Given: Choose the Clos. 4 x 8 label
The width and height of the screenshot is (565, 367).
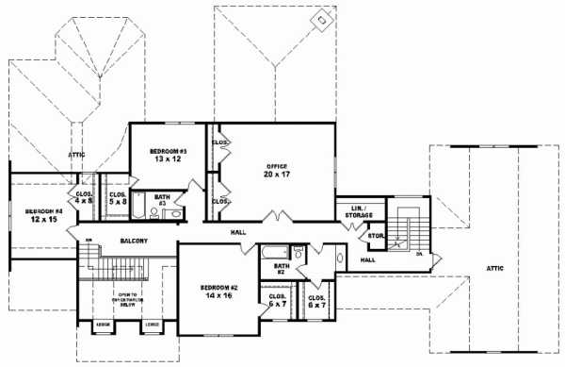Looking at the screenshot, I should point(83,197).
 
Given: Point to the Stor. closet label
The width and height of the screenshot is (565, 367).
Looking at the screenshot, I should point(374,235).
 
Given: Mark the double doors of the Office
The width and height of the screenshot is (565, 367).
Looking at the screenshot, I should point(273,220).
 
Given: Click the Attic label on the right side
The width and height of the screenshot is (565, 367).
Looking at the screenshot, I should point(493,268).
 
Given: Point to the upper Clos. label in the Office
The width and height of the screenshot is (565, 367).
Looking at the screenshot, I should point(219,142).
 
